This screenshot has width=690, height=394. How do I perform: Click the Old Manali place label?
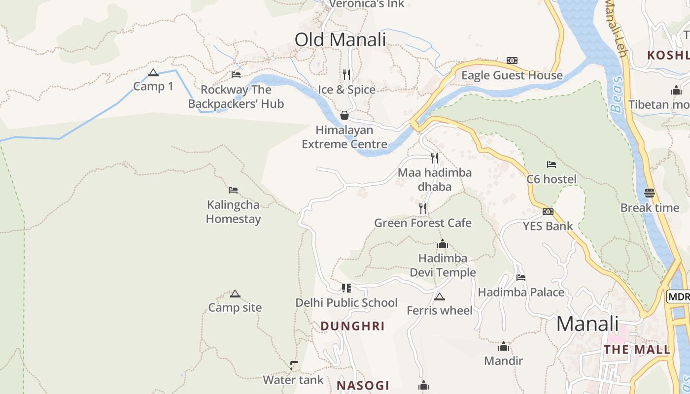pos(340,40)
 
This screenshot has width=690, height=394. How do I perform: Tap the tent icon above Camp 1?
pos(153,73)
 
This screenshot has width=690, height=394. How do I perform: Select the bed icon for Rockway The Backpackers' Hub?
pos(236,75)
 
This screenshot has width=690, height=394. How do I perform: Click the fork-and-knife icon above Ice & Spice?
pos(346,75)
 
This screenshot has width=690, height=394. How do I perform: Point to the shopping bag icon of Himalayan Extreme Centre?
pos(345,116)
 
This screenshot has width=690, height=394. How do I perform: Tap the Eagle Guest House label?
pos(512,75)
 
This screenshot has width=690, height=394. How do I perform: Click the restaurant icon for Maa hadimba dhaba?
pos(434,158)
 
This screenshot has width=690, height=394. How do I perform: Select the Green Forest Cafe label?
pos(423,223)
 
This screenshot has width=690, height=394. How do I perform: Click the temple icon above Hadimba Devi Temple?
pos(443,244)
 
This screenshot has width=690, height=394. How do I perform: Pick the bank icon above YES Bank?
pos(548,212)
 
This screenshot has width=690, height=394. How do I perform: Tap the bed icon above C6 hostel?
pos(552,164)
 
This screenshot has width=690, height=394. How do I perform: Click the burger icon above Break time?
pos(650,193)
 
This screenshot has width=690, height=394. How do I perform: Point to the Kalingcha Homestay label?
pos(233,212)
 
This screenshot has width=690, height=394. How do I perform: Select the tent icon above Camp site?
pos(235,294)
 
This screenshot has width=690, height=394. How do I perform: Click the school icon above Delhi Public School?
pos(346,288)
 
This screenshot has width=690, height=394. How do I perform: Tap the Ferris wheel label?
pos(440,311)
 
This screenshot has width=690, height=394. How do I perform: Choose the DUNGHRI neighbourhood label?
pos(352,326)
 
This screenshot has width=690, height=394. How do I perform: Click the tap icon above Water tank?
pos(294,365)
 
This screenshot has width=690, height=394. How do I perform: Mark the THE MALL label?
pos(637,350)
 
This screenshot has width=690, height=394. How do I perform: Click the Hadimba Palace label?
pos(521,293)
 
